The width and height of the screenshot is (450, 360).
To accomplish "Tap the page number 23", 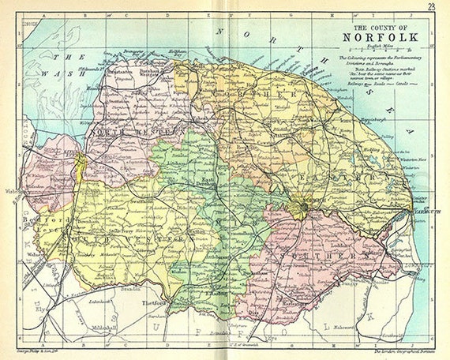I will coord(430,7).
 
